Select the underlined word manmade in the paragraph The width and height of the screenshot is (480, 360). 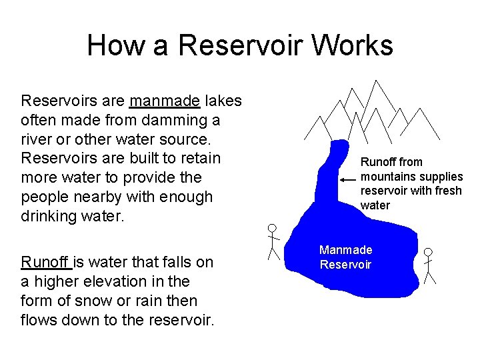pyautogui.click(x=165, y=101)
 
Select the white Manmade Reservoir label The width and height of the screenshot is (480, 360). pyautogui.click(x=345, y=257)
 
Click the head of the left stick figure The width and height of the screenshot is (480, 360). pyautogui.click(x=271, y=228)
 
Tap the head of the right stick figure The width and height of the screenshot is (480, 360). pyautogui.click(x=428, y=253)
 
